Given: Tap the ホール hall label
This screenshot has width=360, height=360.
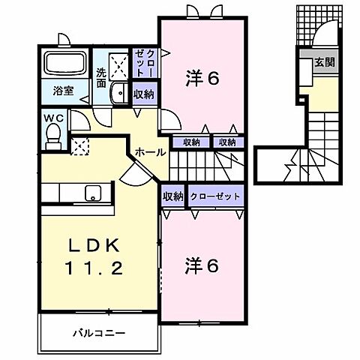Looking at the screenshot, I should [150, 152].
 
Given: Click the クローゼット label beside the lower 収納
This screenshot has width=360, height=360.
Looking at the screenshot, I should [216, 196].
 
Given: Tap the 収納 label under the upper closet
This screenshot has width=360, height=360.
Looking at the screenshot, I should [143, 94].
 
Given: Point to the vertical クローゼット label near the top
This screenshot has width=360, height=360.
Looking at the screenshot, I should [143, 64].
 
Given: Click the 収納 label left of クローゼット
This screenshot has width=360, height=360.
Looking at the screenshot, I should [173, 196].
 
